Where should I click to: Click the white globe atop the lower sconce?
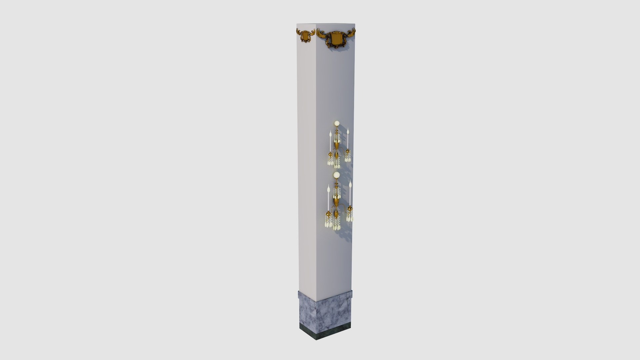(337, 175)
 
